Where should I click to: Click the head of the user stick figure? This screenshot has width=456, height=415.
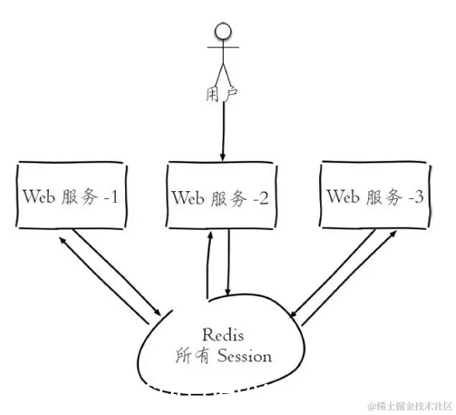(224, 32)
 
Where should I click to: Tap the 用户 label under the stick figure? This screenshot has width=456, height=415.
(222, 94)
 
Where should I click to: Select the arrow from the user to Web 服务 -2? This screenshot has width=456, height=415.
(223, 132)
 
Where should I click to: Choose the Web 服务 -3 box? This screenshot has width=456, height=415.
(374, 195)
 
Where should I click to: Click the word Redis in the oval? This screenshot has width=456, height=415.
(224, 336)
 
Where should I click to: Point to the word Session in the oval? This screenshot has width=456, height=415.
(244, 357)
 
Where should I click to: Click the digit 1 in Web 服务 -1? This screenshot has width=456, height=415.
(113, 197)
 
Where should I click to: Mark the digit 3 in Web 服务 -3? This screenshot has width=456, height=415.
(419, 197)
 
